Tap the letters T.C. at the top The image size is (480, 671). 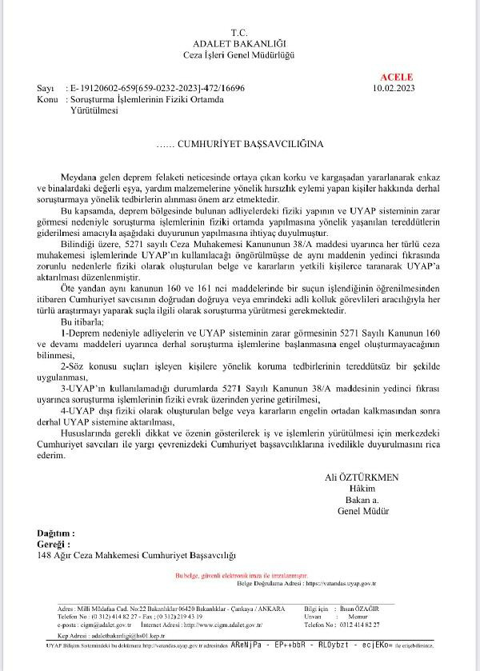(240, 31)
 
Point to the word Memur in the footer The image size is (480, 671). (376, 617)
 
